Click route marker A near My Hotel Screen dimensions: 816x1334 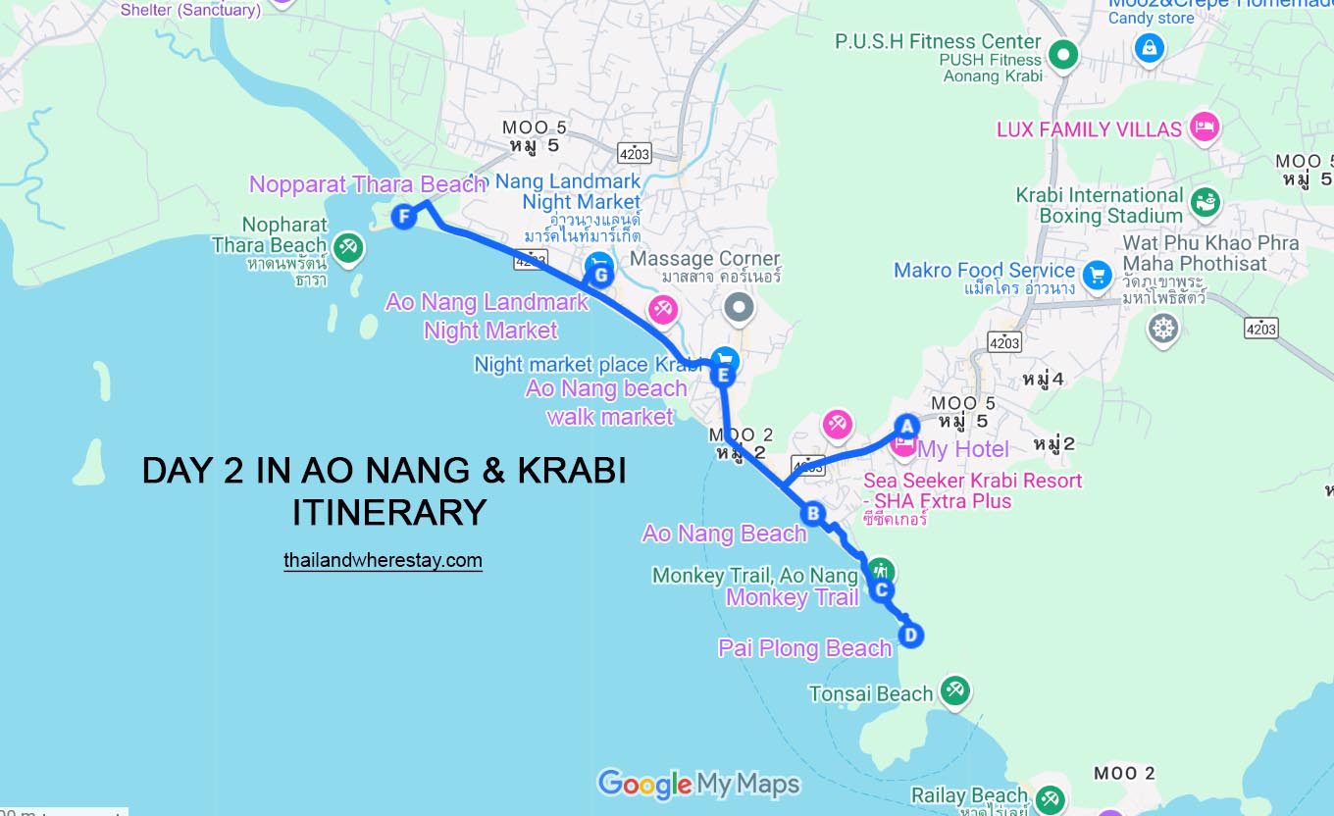pos(906,426)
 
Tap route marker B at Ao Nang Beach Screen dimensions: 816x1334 pos(812,512)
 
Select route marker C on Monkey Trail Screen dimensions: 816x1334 pos(882,589)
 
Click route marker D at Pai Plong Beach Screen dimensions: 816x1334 pos(911,635)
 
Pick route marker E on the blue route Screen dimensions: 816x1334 pos(723,375)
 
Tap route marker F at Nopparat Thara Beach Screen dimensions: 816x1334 pos(403,217)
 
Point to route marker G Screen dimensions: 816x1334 pos(601,276)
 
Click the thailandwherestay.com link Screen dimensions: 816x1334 pos(383,561)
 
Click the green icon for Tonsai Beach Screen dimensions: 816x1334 pos(954,690)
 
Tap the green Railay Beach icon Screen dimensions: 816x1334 pos(1050,798)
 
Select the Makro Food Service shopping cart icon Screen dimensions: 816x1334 pos(1097,274)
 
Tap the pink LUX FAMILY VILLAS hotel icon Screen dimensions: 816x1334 pos(1203,127)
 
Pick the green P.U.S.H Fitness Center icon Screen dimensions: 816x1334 pos(1062,54)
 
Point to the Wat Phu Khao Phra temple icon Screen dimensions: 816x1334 pos(1163,328)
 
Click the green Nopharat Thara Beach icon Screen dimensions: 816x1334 pos(347,247)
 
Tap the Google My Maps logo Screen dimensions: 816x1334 pos(698,784)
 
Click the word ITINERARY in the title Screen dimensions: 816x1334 pos(389,512)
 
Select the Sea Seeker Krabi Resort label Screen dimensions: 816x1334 pos(972,481)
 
